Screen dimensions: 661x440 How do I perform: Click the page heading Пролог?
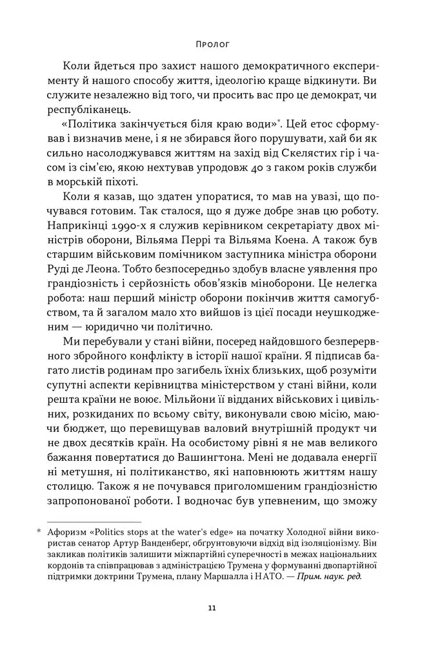[212, 45]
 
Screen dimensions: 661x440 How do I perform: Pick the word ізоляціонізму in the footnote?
[341, 544]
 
